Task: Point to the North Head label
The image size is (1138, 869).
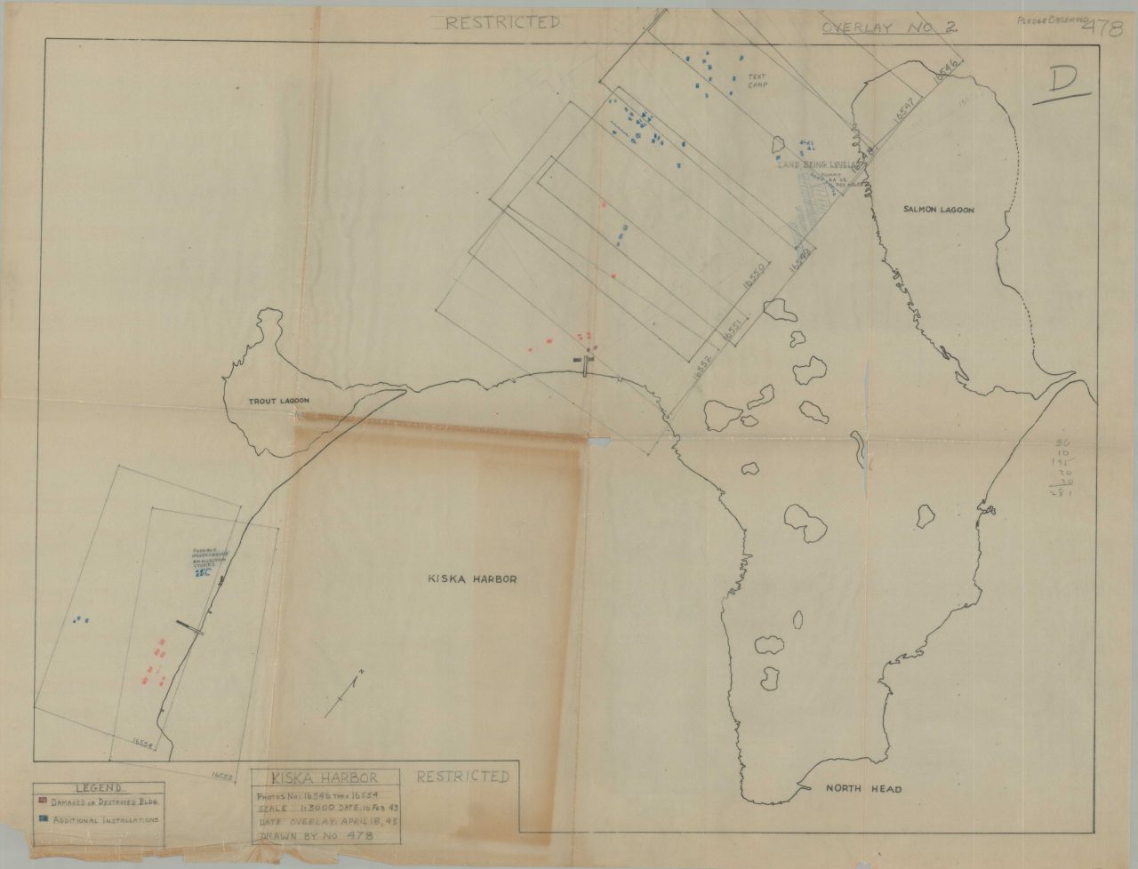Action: (x=863, y=789)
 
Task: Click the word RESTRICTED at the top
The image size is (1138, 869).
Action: (x=503, y=23)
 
